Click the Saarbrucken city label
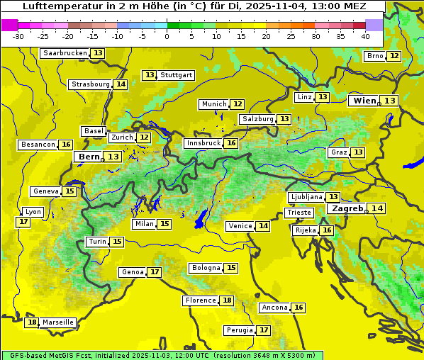pos(65,53)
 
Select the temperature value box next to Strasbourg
pos(121,84)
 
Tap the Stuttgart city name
pos(177,75)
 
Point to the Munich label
pos(214,104)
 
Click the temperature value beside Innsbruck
pos(231,143)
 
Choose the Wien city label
pos(365,101)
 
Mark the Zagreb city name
pos(347,208)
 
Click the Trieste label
pos(299,213)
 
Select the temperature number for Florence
pos(227,300)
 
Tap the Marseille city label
pos(57,322)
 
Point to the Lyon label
pos(33,212)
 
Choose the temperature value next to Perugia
pos(264,330)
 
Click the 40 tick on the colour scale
pos(365,35)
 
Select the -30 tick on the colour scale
pos(18,35)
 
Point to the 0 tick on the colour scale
pos(167,35)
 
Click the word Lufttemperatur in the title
pos(56,6)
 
